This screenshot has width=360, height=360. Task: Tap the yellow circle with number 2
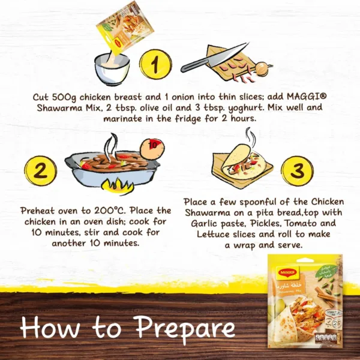pos(41,171)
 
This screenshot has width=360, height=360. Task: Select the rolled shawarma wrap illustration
pos(243,163)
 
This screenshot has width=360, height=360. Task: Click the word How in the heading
pos(45,328)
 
